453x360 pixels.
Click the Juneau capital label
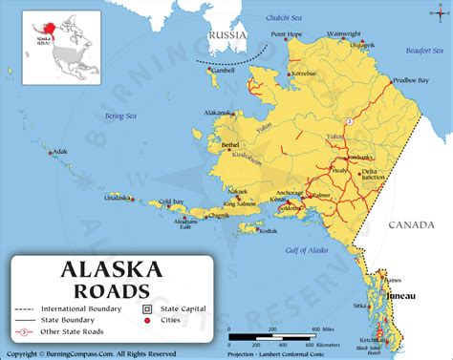click(400, 296)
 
